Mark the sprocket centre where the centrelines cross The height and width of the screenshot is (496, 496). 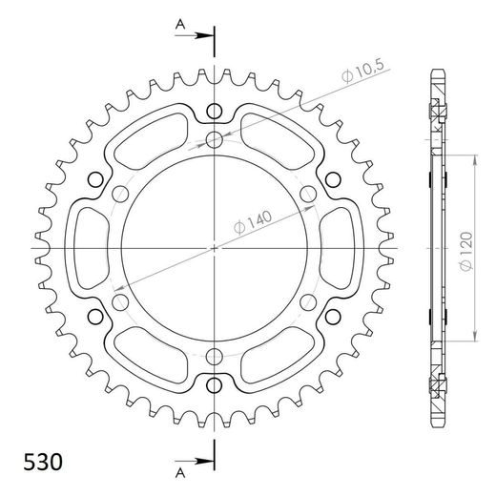coord(216,248)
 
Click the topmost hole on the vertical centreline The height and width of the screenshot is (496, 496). coord(216,111)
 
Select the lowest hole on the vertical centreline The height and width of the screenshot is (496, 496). coord(216,386)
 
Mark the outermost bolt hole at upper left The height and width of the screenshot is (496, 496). coord(95,179)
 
